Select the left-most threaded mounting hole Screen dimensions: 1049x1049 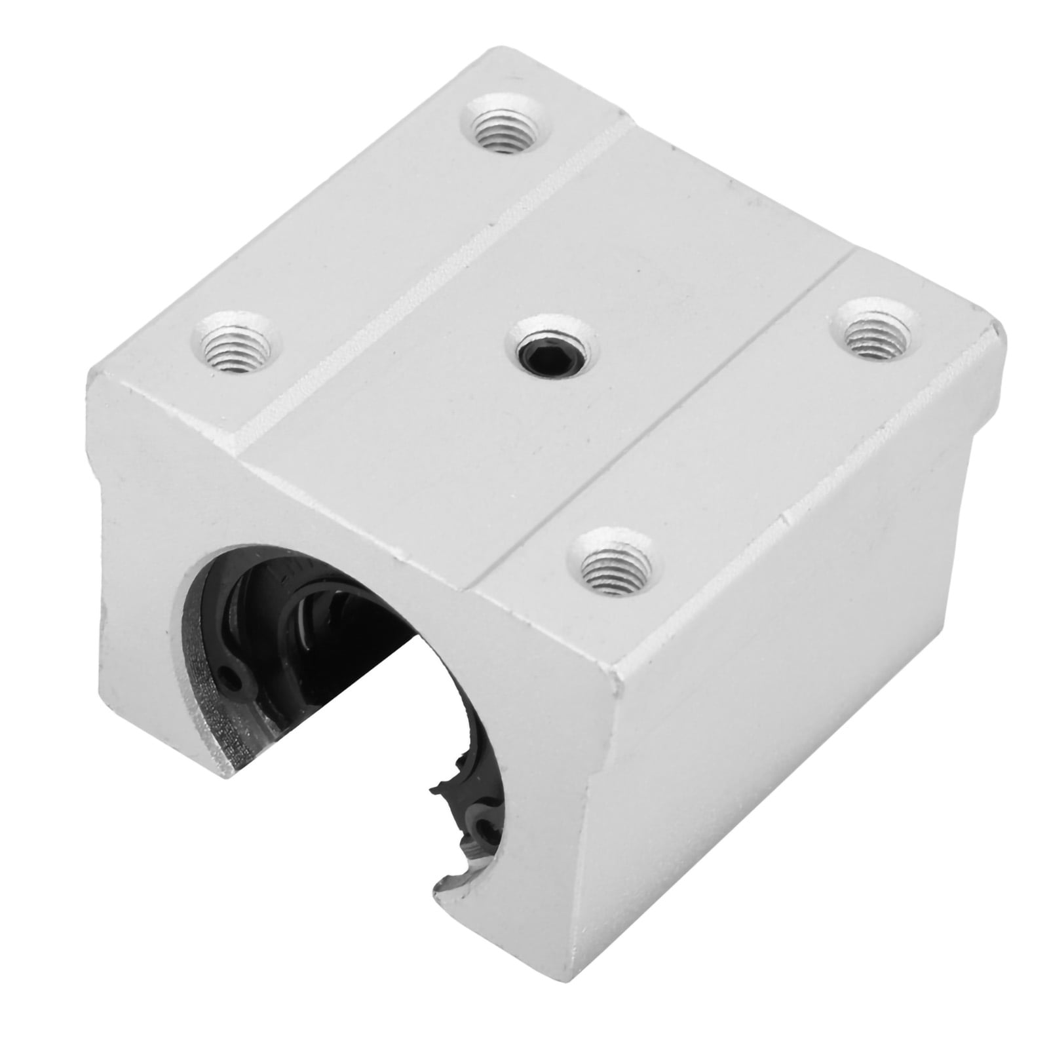coord(235,341)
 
